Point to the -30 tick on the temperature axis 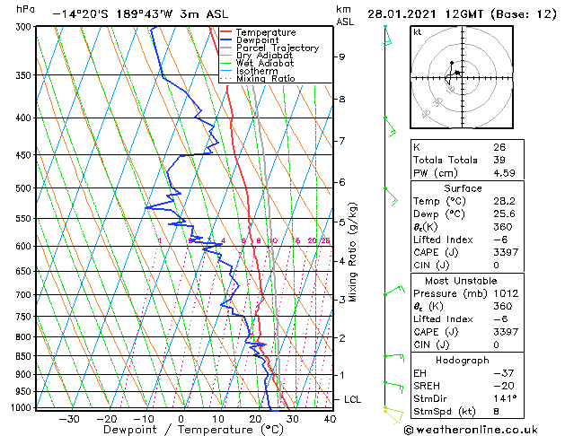(69, 418)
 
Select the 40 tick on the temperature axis (330, 418)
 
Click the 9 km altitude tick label (342, 57)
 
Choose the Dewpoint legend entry (257, 39)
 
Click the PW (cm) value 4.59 (504, 173)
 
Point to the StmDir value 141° (504, 398)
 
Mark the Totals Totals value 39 (499, 160)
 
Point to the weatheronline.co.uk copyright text (475, 428)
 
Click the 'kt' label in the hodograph (418, 31)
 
